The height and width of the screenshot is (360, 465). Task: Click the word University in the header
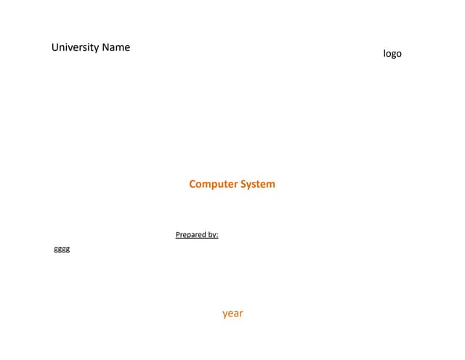[75, 47]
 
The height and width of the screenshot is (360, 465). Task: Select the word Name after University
[116, 47]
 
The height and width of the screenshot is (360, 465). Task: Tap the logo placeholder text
[392, 54]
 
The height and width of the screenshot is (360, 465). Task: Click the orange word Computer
[213, 184]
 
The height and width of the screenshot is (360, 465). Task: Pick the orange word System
[258, 184]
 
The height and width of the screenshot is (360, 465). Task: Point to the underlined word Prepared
[190, 234]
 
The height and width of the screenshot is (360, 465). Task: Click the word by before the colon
[212, 235]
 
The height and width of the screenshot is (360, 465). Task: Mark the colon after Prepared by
[217, 236]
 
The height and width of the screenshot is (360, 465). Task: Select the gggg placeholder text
[62, 249]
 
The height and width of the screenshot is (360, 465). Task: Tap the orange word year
[232, 313]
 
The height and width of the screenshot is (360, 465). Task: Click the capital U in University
[55, 47]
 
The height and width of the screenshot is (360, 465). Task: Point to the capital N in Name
[105, 47]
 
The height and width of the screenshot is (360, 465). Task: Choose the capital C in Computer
[193, 184]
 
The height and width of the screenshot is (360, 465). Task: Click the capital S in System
[243, 184]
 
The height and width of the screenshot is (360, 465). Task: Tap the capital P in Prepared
[178, 234]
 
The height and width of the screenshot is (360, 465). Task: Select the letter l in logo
[384, 53]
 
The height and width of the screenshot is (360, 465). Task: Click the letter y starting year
[225, 315]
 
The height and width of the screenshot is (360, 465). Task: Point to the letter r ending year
[241, 313]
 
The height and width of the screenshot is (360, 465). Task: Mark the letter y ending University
[97, 49]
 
